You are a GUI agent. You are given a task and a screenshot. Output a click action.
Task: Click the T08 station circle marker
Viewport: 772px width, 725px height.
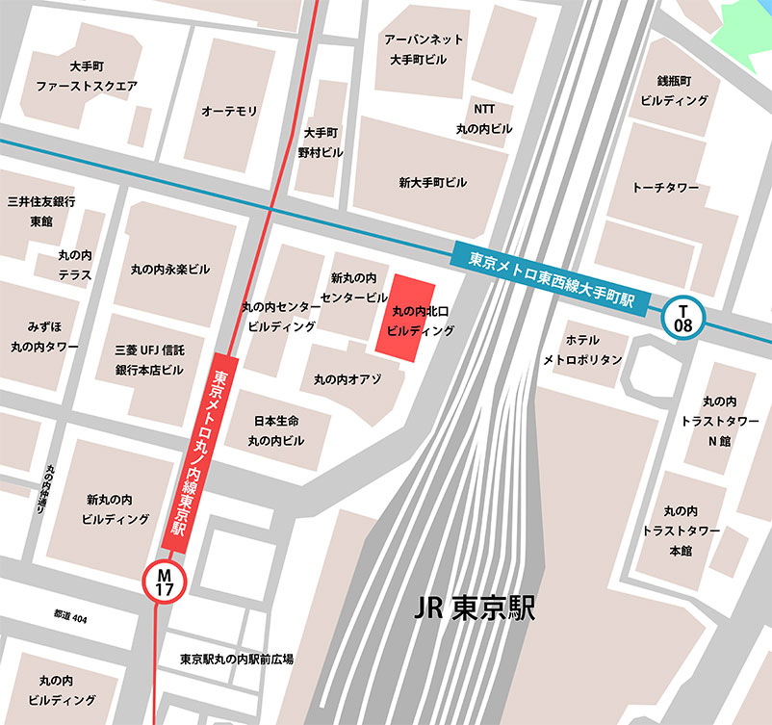point(684,319)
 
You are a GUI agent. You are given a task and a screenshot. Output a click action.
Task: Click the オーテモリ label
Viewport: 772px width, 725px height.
point(229,112)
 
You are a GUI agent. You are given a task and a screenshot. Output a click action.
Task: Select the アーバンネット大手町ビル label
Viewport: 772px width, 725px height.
point(424,49)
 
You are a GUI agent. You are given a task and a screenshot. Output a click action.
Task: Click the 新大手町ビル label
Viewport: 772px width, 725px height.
point(432,182)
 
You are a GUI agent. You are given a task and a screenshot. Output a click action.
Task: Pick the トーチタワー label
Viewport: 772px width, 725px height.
point(665,187)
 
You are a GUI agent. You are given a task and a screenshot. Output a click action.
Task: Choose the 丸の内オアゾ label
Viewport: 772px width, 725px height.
point(347,379)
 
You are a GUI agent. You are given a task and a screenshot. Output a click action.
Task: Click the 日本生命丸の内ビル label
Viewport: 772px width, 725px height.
point(276,431)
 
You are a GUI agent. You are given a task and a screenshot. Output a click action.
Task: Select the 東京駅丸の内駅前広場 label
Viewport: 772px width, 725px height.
point(236,660)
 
